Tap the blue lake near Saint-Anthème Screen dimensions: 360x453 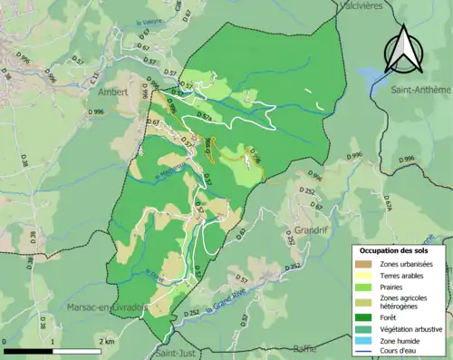point(372,73)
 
